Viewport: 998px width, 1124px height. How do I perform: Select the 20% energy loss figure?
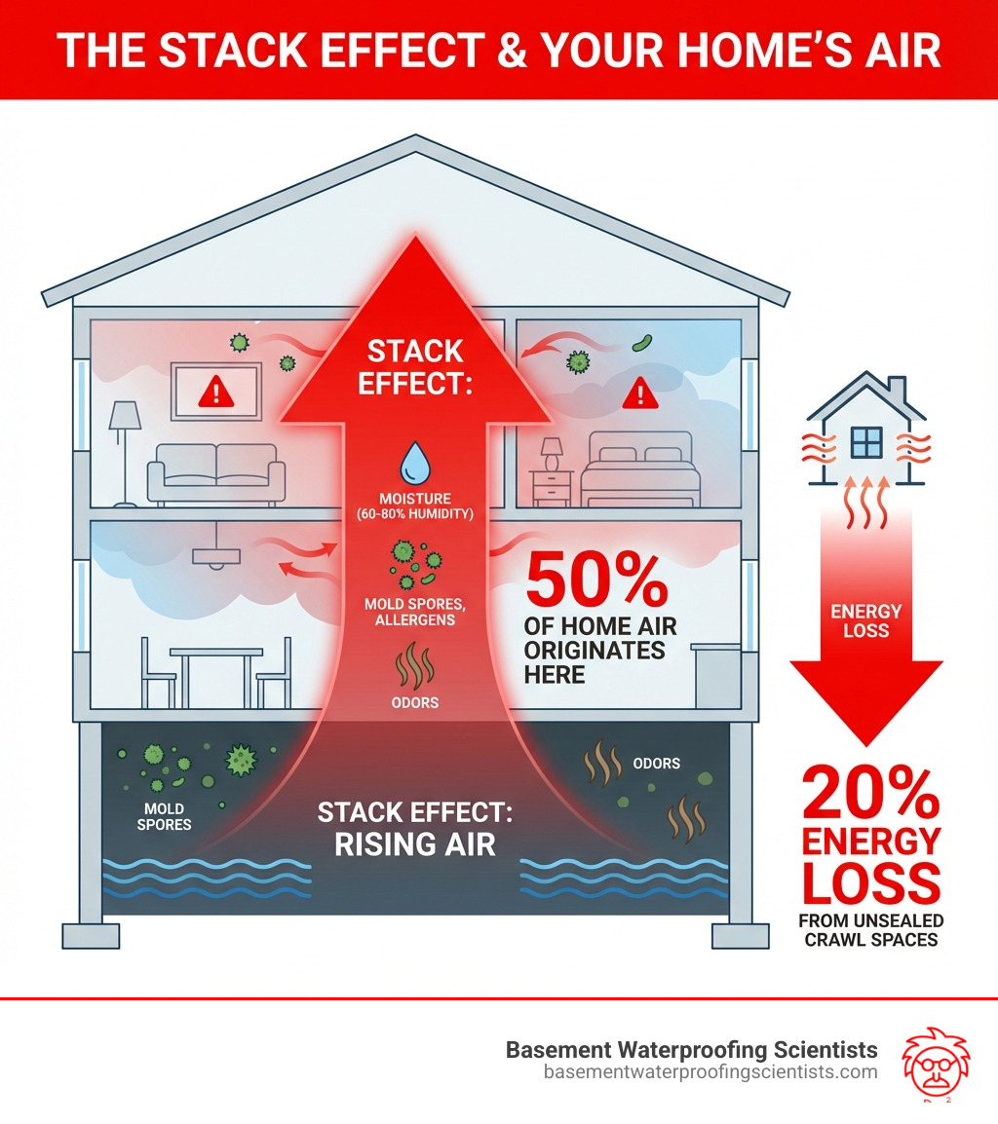869,794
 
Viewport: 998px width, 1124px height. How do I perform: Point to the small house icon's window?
865,442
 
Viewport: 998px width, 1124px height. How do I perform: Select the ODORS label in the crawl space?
656,763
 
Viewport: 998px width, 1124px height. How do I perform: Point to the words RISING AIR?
415,843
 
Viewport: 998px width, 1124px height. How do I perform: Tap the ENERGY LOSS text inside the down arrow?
866,620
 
